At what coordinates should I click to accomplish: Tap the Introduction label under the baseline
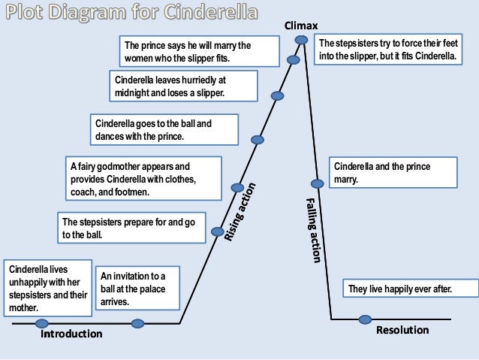[71, 334]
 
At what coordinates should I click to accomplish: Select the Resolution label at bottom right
[402, 330]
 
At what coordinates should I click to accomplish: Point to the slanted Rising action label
[242, 213]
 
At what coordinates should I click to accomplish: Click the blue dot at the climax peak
[301, 39]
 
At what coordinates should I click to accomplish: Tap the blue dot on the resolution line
[365, 319]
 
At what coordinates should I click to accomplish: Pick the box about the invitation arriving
[136, 286]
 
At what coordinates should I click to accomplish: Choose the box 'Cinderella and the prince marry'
[393, 174]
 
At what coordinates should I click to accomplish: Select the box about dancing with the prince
[164, 129]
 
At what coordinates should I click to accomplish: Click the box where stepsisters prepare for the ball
[132, 228]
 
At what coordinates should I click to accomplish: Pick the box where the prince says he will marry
[197, 52]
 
